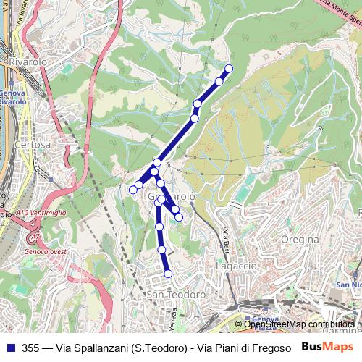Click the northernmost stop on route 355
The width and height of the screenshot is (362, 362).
(x=229, y=69)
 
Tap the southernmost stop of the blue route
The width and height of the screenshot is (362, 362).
(x=168, y=274)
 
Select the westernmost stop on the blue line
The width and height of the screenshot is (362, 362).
(x=133, y=190)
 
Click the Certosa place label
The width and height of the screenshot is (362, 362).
(x=36, y=144)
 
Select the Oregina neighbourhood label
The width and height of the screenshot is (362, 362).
(x=300, y=239)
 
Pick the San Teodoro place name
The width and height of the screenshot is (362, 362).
(x=177, y=295)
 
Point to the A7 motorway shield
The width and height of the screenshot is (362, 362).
(x=33, y=236)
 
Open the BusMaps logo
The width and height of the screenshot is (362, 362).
(x=328, y=347)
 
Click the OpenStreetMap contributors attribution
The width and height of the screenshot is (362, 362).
(x=298, y=325)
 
